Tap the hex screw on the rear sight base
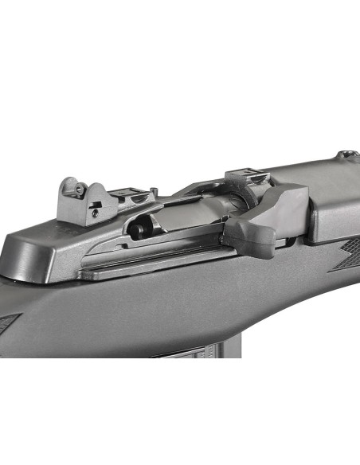pyautogui.click(x=94, y=213)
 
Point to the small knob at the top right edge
pyautogui.click(x=344, y=154)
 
